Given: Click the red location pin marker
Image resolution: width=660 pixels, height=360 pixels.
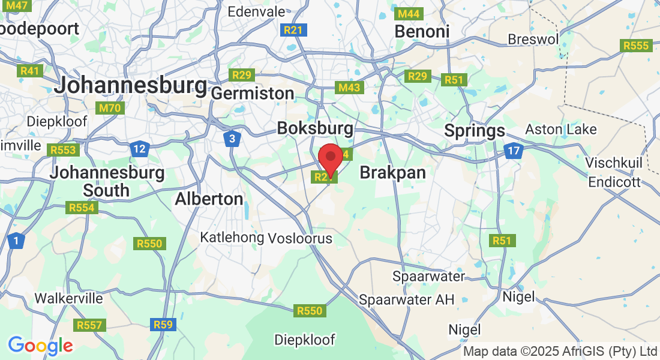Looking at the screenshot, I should point(330,157).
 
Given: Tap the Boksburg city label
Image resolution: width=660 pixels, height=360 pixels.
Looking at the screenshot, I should point(315,128).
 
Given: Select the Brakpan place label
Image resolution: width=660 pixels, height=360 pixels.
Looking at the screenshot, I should point(392,173).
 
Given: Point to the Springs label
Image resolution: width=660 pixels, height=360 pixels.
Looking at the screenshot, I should point(475,130).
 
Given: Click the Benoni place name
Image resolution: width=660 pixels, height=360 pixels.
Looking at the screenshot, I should point(421,31).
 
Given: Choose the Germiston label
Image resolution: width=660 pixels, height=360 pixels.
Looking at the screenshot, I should point(253,94).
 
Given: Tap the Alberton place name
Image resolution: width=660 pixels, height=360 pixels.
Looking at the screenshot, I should point(209,199).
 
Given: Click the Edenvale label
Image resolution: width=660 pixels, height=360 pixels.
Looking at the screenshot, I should point(257,11).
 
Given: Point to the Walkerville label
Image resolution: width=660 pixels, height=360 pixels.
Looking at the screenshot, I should point(68,298).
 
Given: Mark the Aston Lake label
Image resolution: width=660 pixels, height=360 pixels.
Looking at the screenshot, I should point(561,129).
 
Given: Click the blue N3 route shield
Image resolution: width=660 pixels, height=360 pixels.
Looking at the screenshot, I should point(232,139).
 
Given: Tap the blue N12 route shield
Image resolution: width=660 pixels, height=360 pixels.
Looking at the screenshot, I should point(139,148).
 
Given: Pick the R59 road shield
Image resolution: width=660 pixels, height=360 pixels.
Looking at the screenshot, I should point(163,325).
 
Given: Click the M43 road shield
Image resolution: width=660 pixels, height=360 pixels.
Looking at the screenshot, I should point(349,88).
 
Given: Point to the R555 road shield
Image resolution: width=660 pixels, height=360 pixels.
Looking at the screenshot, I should point(636,46).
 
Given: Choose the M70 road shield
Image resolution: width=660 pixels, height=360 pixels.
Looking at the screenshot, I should point(109,108).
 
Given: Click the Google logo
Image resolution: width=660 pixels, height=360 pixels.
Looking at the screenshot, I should point(40,346).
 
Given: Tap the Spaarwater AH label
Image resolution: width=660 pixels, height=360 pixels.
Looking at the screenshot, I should point(407,299).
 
